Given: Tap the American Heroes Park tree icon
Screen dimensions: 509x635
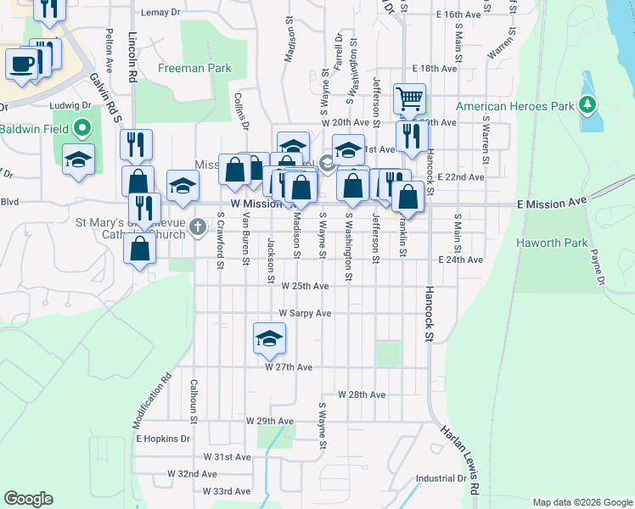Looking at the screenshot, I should pyautogui.click(x=586, y=106).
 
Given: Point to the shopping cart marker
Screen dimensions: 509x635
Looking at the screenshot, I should pyautogui.click(x=409, y=99).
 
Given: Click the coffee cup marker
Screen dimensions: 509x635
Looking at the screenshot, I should pyautogui.click(x=21, y=63).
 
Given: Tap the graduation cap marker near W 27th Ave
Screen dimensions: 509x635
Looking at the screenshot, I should pyautogui.click(x=269, y=338).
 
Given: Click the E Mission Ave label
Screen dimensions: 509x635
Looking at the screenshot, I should pyautogui.click(x=552, y=204).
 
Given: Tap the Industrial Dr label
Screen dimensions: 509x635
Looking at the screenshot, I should pyautogui.click(x=441, y=478).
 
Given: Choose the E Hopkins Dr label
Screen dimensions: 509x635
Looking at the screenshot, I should pyautogui.click(x=163, y=439).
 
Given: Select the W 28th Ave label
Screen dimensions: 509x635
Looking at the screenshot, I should pyautogui.click(x=362, y=395).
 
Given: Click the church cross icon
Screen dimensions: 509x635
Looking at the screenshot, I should pyautogui.click(x=197, y=227).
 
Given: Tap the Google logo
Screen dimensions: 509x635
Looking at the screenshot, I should pyautogui.click(x=28, y=499).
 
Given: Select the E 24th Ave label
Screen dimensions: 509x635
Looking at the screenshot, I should pyautogui.click(x=460, y=260).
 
